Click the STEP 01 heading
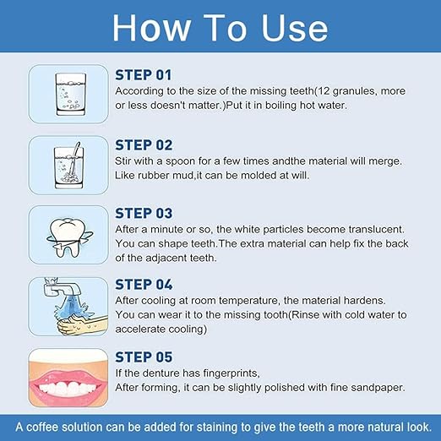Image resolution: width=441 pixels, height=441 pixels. tap(144, 75)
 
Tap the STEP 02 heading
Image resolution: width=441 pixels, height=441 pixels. tap(144, 145)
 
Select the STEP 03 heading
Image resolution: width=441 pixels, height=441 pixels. tap(144, 213)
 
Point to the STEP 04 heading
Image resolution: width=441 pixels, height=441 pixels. tap(144, 285)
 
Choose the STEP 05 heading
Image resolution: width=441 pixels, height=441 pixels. tap(144, 357)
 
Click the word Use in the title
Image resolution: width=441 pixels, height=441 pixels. tap(295, 28)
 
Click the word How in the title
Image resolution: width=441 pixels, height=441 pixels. tap(151, 28)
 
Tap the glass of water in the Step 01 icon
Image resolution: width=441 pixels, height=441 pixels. tap(71, 95)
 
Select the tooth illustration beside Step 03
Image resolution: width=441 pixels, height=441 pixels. tap(69, 237)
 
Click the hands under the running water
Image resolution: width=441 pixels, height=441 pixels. tap(82, 324)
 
